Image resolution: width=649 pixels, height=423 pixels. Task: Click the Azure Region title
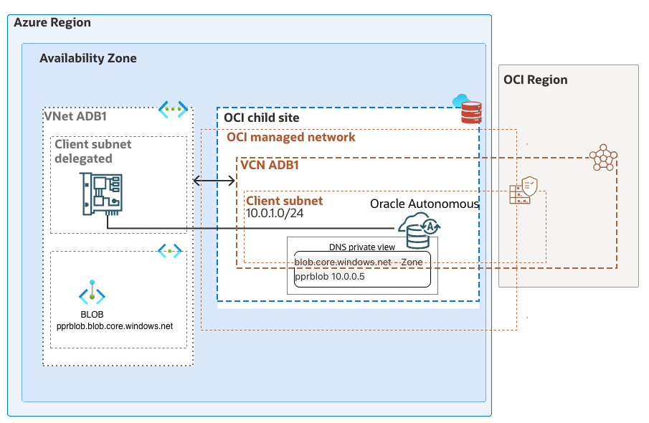(52, 22)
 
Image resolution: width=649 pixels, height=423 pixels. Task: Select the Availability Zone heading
(88, 58)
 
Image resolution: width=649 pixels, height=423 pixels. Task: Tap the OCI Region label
(536, 80)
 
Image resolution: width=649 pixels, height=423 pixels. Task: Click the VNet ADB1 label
(80, 116)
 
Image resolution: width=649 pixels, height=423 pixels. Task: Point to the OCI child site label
(262, 118)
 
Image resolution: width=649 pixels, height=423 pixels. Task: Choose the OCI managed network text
(291, 137)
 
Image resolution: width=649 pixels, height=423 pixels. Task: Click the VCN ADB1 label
(270, 165)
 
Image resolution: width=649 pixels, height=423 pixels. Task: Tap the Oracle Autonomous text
(424, 204)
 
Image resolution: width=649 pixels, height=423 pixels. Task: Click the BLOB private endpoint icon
(92, 295)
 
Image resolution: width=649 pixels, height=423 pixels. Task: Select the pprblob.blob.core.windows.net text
(115, 326)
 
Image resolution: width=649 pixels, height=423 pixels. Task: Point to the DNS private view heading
(362, 247)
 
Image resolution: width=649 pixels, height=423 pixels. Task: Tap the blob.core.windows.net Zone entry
(358, 262)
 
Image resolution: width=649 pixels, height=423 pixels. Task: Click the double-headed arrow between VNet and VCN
(214, 182)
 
